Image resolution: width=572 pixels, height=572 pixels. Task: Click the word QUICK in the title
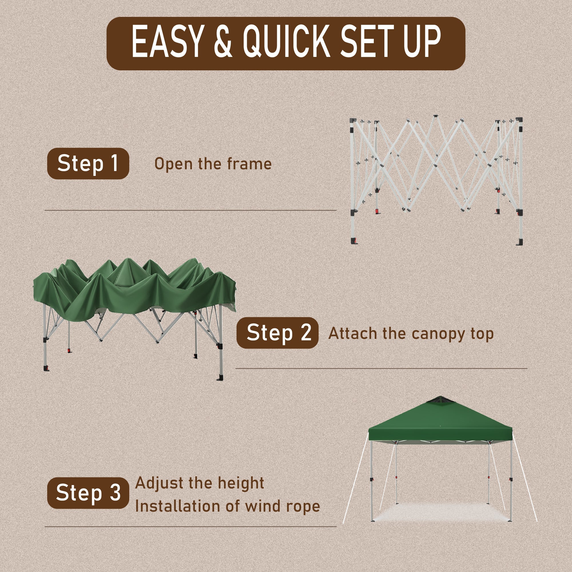(x=286, y=42)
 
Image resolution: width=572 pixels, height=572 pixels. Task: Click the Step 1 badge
(x=88, y=163)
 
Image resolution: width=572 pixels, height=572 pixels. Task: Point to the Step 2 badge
(x=277, y=333)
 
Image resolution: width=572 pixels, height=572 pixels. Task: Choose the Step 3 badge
(x=88, y=493)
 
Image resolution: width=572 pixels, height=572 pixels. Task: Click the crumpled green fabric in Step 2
(x=135, y=289)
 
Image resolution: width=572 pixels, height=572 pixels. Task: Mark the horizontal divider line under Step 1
(x=191, y=210)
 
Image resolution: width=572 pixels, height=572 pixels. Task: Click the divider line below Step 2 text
(x=381, y=369)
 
